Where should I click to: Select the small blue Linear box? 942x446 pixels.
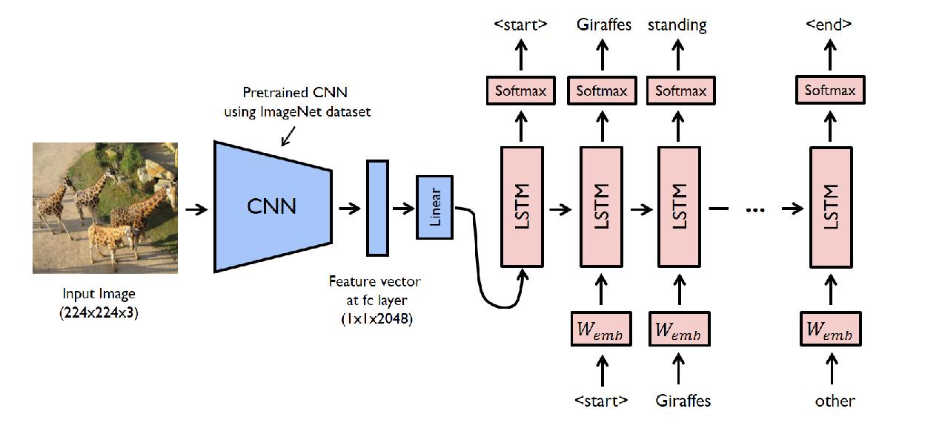tap(434, 207)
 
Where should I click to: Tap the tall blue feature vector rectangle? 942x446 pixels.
tap(377, 207)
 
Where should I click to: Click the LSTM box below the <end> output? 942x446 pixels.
tap(830, 207)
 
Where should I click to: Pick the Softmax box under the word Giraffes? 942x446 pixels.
tap(602, 91)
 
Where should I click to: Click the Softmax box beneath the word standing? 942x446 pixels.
tap(680, 91)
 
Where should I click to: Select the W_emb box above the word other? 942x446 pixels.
tap(830, 329)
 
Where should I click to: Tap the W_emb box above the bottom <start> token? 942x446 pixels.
tap(601, 329)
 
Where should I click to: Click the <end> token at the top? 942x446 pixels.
tap(828, 24)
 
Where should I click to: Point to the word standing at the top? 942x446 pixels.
tap(677, 25)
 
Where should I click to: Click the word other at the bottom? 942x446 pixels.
tap(835, 401)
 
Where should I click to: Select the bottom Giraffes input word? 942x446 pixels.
tap(683, 401)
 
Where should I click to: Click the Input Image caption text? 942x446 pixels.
tap(99, 294)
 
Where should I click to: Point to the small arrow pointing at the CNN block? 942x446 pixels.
tap(286, 137)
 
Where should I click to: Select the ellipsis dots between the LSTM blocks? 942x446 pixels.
tap(754, 210)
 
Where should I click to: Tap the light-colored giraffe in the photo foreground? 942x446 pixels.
tap(111, 237)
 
